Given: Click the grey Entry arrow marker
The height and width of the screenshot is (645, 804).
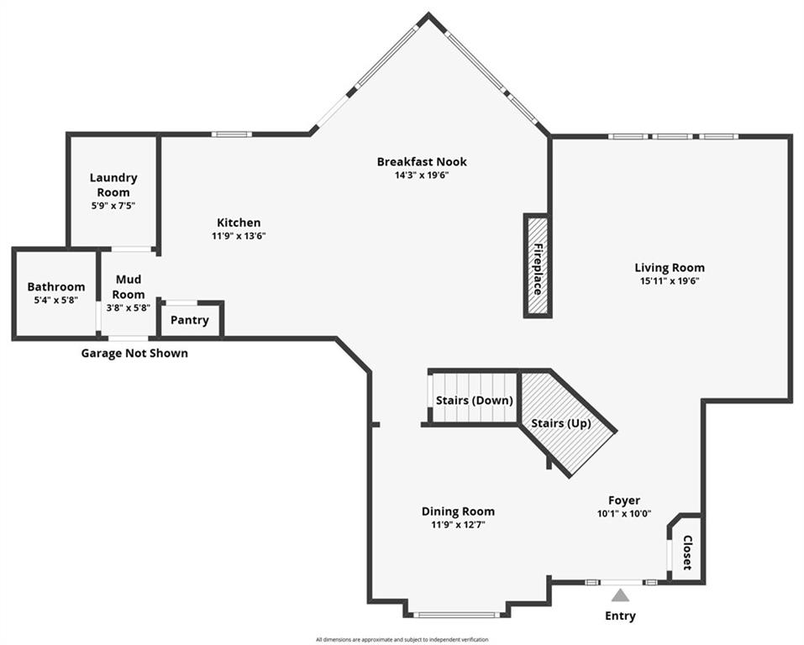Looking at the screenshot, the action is pos(621,595).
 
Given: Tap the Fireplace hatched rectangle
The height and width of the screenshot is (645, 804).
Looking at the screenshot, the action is pos(538,265).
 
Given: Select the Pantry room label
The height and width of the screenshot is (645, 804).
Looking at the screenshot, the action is pos(190,320).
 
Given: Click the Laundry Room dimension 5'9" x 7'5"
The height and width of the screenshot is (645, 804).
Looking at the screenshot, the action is pos(113,206).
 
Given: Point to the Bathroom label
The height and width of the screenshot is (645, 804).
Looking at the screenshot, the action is pos(56,286).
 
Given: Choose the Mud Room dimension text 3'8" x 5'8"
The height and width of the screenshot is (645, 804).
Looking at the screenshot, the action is pos(129,308).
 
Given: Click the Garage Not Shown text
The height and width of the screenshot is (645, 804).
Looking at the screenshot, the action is pos(134,354).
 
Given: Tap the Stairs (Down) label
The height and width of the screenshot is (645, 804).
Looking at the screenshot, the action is pos(475,401).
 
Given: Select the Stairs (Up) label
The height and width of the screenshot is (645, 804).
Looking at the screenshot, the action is pos(561,423).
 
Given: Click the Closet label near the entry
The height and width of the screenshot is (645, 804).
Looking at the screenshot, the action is pos(687,553).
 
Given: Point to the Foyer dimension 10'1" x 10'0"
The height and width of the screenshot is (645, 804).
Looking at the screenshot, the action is pos(624,514).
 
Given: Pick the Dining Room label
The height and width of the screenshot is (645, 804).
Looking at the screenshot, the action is pos(458,511).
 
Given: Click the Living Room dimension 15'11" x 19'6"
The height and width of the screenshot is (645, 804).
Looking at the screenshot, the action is pos(670,281).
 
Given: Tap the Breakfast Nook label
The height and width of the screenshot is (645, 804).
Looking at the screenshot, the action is pos(422,161).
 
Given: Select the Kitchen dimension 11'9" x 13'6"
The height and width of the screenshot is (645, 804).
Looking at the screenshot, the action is pos(239,236).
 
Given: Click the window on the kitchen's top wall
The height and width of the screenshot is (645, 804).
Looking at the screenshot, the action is pos(232,134).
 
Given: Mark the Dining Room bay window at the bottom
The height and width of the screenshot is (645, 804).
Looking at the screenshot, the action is pos(455,614).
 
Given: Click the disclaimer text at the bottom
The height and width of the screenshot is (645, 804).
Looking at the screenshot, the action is pos(402,639).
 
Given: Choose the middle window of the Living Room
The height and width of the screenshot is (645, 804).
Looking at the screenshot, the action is pos(672,137).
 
